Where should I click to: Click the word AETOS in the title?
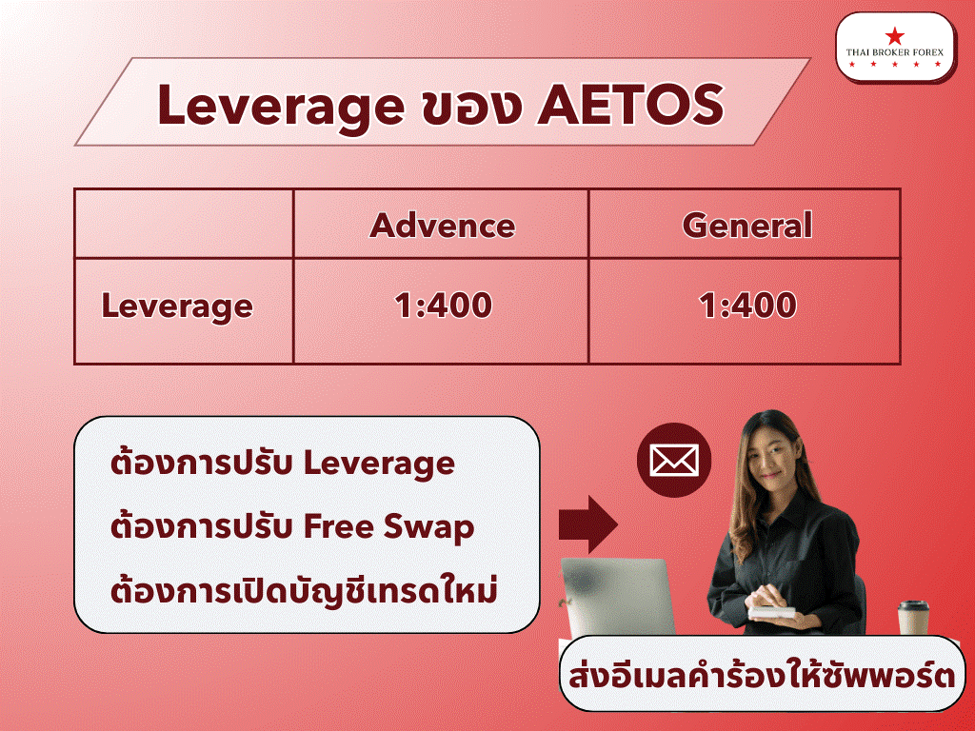pos(630,105)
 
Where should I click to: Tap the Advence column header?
pos(442,225)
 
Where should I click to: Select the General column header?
pos(746,225)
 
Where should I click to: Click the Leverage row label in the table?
pos(177,307)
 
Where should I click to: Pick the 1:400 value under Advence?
pos(443,306)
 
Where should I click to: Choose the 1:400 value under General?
pos(746,306)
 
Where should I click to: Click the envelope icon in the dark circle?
pos(674,460)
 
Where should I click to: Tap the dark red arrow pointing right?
pos(587,524)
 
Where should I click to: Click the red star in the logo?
pos(895,36)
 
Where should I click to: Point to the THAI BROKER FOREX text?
pos(894,53)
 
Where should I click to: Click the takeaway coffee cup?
pos(914,617)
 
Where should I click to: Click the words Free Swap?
pos(388,527)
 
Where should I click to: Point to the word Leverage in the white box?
pos(379,464)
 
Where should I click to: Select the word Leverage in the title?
pos(281,107)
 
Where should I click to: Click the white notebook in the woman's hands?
pos(771,612)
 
